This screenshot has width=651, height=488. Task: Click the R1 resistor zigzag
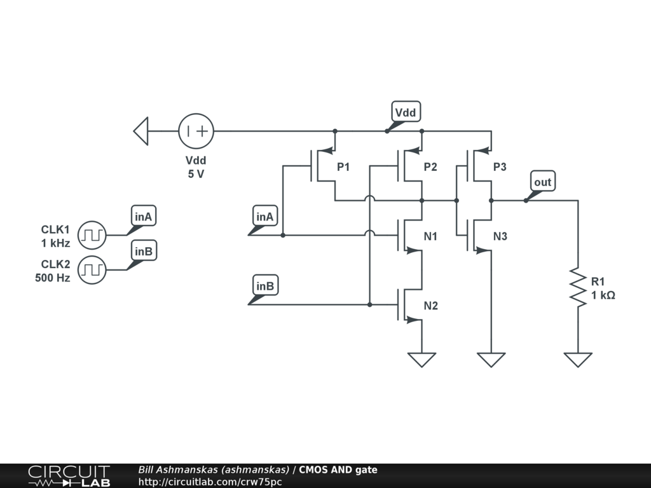[578, 287]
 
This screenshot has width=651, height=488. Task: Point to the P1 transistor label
[343, 167]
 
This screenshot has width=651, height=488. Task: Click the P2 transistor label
[430, 167]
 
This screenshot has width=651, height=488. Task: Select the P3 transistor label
[500, 167]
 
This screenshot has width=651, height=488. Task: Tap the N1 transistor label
[430, 236]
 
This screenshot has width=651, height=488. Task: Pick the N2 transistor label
[431, 306]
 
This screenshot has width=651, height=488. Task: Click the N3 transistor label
[500, 236]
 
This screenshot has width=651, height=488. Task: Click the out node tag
[543, 181]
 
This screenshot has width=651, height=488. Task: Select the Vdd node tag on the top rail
[406, 112]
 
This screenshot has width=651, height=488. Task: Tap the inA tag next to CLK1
[143, 216]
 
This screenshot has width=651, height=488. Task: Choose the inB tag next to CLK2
[144, 251]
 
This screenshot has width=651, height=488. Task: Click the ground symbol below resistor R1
[578, 360]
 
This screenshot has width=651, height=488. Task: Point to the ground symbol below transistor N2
[422, 360]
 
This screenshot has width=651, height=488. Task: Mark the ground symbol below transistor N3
[491, 360]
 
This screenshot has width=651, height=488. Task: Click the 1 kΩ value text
[603, 295]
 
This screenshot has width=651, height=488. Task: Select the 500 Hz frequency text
[52, 278]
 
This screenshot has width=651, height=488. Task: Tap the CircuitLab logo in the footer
[69, 476]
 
